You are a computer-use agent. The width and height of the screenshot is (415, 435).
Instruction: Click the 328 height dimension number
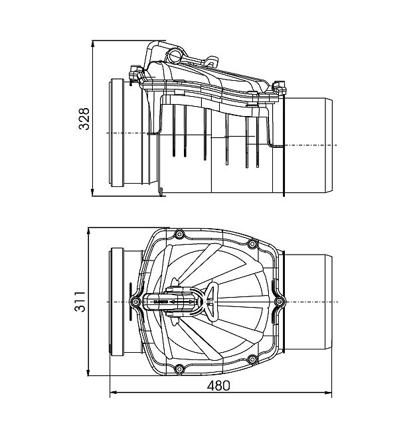[x=84, y=119]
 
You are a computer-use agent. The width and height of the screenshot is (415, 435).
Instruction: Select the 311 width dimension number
[x=80, y=302]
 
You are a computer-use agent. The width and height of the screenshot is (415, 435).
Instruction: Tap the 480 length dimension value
[x=218, y=386]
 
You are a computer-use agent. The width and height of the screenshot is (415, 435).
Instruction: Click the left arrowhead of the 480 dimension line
[x=113, y=393]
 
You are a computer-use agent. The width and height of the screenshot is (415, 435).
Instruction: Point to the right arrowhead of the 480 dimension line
[x=329, y=393]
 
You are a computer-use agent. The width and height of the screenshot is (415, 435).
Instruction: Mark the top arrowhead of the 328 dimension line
[x=93, y=44]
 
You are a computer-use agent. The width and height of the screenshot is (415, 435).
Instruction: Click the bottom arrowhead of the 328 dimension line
[x=93, y=194]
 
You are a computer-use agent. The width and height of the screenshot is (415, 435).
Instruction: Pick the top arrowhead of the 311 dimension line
[x=88, y=231]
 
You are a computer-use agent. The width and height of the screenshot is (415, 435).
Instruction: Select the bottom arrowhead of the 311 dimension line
[x=88, y=373]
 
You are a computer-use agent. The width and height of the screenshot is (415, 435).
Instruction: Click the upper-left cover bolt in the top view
[x=179, y=235]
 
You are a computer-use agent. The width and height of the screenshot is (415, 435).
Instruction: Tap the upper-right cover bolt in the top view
[x=252, y=244]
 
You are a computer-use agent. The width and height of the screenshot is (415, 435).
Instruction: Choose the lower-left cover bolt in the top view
[x=179, y=369]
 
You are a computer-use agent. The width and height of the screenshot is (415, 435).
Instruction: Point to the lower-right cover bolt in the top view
[x=252, y=359]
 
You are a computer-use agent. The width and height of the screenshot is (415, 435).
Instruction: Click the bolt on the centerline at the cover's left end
[x=135, y=302]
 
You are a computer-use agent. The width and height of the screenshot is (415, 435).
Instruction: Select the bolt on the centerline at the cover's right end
[x=279, y=302]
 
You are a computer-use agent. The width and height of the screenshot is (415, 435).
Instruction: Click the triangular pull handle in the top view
[x=212, y=302]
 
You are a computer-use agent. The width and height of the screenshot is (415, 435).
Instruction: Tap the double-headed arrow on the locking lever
[x=182, y=302]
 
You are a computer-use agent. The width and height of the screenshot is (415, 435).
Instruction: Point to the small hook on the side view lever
[x=212, y=61]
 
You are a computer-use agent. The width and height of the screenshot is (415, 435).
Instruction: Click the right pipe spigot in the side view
[x=308, y=145]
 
